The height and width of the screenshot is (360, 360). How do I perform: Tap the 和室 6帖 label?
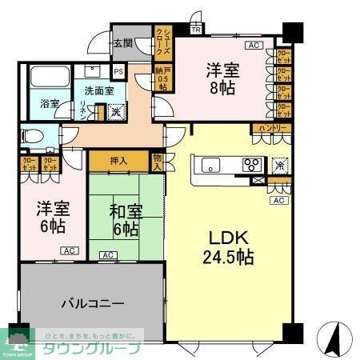pos(126,220)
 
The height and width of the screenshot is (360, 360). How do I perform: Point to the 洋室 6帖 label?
pos(52,218)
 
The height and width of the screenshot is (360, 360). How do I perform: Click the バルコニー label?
pos(92,304)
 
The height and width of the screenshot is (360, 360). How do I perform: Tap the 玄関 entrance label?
pos(122,44)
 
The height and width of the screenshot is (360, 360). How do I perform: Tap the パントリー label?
pos(270,128)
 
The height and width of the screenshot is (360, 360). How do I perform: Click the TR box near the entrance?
pos(196,30)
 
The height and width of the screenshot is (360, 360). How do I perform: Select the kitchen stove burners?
pos(252,166)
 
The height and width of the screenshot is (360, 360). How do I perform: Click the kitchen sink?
pos(210,166)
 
